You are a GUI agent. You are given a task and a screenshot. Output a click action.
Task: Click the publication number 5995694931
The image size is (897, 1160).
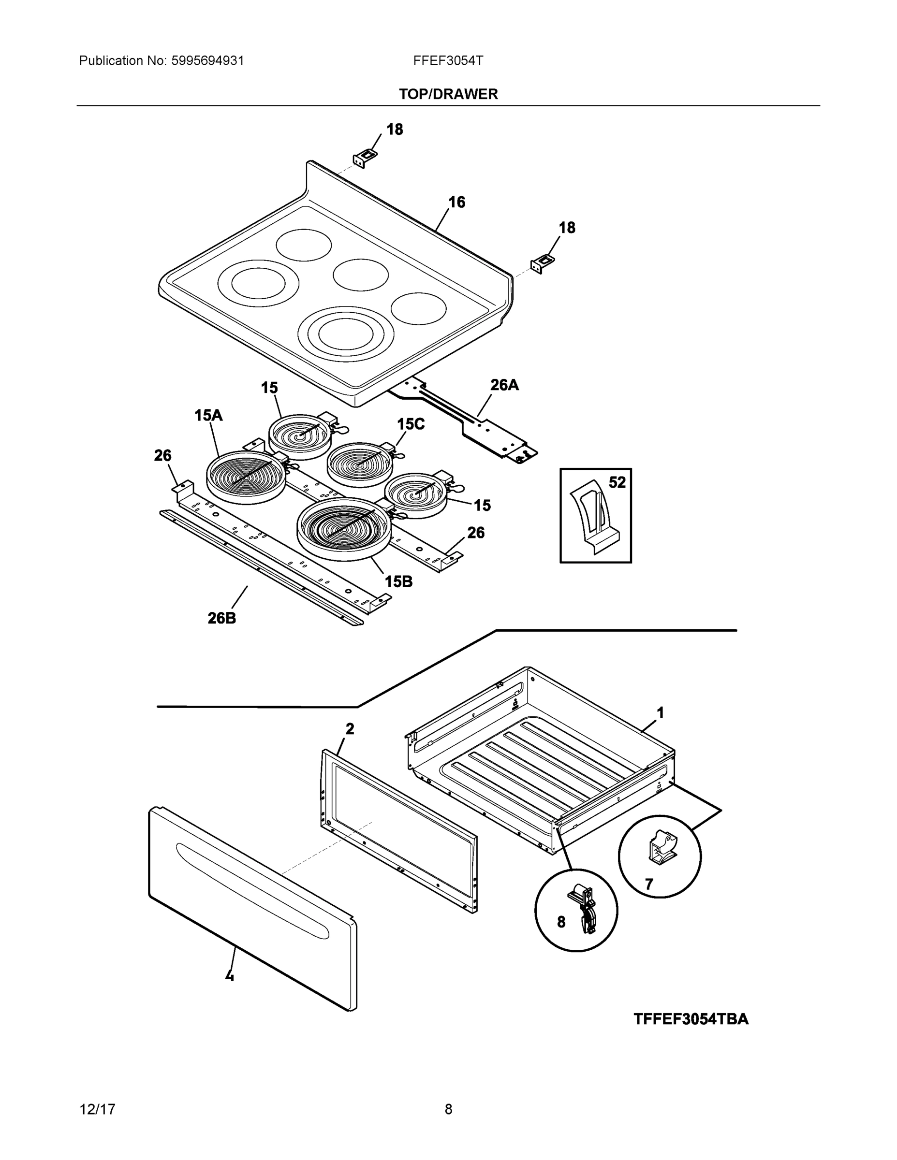207,60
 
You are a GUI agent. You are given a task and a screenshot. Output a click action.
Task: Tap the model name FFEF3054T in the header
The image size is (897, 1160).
448,60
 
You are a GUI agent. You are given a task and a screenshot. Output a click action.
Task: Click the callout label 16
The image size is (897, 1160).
456,202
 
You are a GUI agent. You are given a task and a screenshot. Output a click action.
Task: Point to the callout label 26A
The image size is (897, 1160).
504,385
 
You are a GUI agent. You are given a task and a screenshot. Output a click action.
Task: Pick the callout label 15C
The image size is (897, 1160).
411,424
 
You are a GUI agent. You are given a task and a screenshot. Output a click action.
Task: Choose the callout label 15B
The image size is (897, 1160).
398,581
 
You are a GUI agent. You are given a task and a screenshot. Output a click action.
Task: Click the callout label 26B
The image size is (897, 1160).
221,618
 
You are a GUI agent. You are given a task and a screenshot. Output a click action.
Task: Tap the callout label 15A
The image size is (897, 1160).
208,415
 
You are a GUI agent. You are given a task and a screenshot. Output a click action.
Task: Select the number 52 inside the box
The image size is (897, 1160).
617,482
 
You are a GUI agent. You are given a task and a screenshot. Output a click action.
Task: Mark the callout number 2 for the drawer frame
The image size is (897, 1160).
350,729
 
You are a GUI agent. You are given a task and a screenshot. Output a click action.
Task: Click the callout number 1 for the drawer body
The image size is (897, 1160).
661,713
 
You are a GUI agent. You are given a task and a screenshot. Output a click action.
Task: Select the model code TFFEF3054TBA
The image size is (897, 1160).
691,1019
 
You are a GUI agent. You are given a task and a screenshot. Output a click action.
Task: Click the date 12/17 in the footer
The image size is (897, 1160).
97,1110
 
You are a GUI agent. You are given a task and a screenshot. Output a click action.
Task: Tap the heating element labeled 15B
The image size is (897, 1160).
343,528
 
